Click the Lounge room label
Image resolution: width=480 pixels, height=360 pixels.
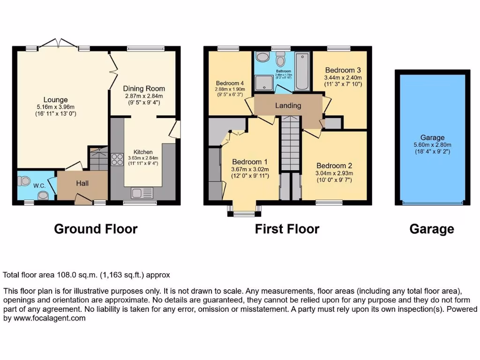(x=56, y=99)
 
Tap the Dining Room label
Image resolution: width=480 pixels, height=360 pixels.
(x=144, y=88)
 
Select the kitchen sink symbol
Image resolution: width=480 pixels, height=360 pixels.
(x=141, y=192)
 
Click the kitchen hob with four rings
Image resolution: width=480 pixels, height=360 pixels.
(x=117, y=160)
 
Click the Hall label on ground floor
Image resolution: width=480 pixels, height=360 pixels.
(x=82, y=183)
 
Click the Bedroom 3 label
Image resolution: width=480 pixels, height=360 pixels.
(x=343, y=70)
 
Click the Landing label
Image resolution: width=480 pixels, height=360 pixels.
(x=288, y=105)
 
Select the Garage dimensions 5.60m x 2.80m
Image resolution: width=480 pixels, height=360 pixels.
(x=432, y=145)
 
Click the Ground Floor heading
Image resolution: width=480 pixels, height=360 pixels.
(x=96, y=229)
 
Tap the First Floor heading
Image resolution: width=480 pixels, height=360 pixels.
(x=287, y=229)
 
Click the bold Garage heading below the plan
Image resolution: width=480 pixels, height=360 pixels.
(x=431, y=229)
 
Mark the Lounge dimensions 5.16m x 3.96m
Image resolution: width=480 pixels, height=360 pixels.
(x=56, y=107)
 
